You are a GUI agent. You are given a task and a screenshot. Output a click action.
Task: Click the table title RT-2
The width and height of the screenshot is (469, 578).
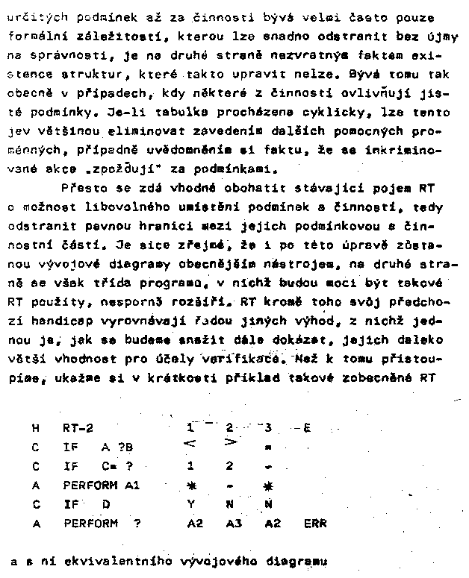[x=78, y=429]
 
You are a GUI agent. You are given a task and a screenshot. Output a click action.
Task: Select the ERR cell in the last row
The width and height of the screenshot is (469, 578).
[x=315, y=524]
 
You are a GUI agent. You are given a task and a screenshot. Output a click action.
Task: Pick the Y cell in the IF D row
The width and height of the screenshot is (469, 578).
[x=191, y=505]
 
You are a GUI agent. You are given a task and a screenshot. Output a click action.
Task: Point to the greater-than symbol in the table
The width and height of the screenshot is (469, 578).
[x=231, y=447]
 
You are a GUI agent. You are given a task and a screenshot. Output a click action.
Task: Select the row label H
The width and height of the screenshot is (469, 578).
[x=35, y=429]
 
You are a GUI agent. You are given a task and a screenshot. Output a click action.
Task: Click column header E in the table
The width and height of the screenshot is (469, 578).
[x=307, y=428]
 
